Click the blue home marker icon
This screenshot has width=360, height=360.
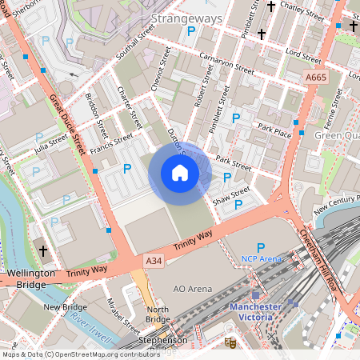[180, 173]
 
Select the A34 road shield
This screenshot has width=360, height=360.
[154, 262]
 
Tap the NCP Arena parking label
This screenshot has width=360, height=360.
[262, 258]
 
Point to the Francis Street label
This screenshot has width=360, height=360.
[110, 145]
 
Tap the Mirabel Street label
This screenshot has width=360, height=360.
[121, 314]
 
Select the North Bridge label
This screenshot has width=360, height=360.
[158, 314]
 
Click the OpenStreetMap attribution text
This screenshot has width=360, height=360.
[81, 354]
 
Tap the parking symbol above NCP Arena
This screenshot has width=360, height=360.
[260, 246]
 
